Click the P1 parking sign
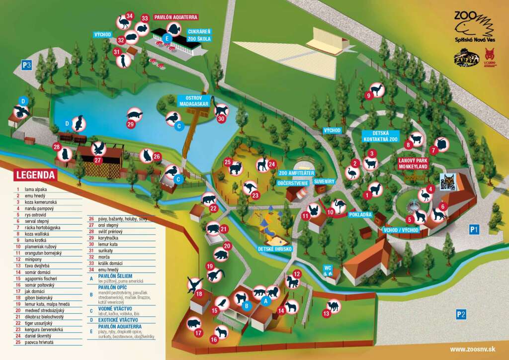coord(474,229)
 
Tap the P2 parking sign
coord(461,314)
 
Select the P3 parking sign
coord(26,64)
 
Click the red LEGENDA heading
coord(35,175)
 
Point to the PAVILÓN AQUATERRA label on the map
coord(176,17)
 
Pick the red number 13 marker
coord(326,314)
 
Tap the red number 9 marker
coord(369,95)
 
